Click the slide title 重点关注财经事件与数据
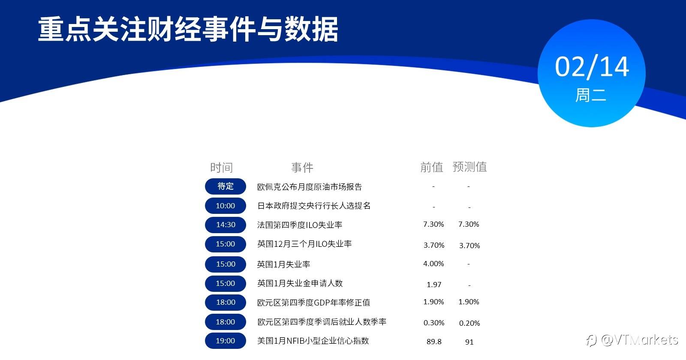tap(188, 30)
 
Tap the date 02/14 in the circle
tap(592, 66)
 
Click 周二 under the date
tap(591, 95)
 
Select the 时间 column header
tap(221, 168)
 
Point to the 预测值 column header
tap(469, 167)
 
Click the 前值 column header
tap(431, 167)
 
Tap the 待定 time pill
tap(226, 186)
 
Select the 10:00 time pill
tap(226, 206)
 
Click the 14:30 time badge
tap(226, 225)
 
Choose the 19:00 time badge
tap(226, 341)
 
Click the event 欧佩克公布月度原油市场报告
tap(309, 187)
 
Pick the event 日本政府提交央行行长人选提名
tap(313, 206)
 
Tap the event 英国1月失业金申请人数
tap(300, 283)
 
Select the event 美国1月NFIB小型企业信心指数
tap(313, 341)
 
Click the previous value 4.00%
tap(433, 264)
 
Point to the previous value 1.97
tap(434, 285)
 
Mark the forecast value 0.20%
tap(469, 323)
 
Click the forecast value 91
tap(469, 342)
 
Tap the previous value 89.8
tap(434, 342)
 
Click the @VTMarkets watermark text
tap(639, 340)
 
